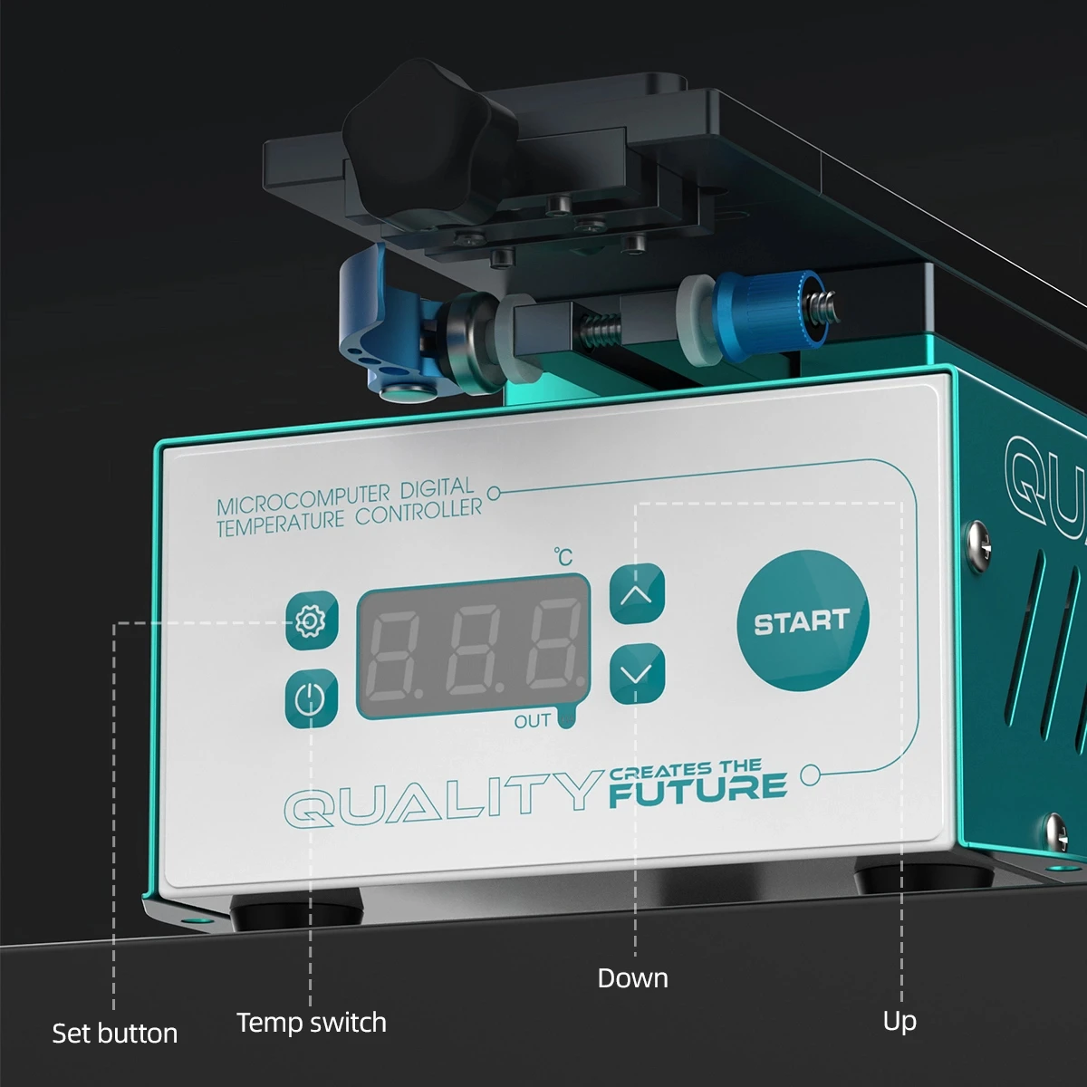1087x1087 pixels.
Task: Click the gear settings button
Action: [x=311, y=620]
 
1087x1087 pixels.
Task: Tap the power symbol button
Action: [x=311, y=698]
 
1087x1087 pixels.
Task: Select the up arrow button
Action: [x=637, y=594]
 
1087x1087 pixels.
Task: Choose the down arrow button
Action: [x=637, y=674]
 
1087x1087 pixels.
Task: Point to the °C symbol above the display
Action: [x=563, y=555]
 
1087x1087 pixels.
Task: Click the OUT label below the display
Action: [x=532, y=721]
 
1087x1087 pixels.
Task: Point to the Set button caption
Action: [x=114, y=1034]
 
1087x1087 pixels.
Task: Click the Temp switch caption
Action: [x=311, y=1023]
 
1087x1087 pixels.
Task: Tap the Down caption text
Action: [x=632, y=978]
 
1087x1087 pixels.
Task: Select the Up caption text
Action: [x=899, y=1021]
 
